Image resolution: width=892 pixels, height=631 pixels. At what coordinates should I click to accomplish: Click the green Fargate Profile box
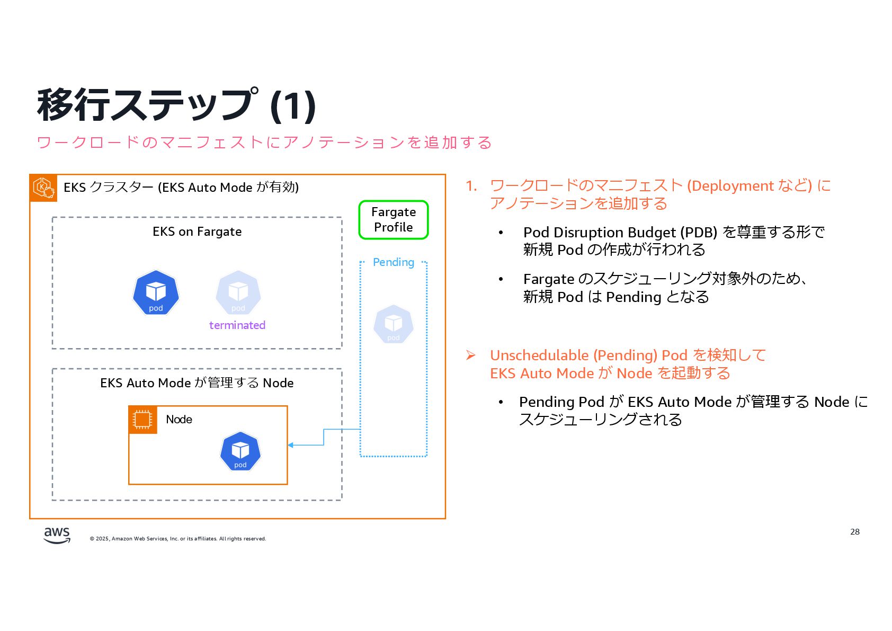point(393,219)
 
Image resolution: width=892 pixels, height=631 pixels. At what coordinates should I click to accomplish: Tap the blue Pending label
point(393,262)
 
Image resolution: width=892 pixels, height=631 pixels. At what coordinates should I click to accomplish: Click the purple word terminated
point(237,325)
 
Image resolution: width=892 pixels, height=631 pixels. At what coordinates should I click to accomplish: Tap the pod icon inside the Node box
point(240,451)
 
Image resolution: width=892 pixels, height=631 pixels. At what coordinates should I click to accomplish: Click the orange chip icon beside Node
point(142,420)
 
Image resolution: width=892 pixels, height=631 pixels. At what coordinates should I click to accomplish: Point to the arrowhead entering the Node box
point(291,445)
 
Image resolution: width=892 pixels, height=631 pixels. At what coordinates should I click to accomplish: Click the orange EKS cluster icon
point(43,188)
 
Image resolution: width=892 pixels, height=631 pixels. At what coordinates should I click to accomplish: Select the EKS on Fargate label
point(197,232)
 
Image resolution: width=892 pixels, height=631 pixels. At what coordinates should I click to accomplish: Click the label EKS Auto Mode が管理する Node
point(197,383)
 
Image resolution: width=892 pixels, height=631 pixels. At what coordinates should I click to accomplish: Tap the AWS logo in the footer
point(57,535)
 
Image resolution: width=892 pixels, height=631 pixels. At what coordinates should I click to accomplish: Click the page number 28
point(854,532)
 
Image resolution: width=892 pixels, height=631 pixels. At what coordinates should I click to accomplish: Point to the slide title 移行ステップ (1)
point(176,105)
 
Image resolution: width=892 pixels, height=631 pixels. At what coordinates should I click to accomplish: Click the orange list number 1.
point(471,186)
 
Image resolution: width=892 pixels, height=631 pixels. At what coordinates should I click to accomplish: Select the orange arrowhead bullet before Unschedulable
point(470,355)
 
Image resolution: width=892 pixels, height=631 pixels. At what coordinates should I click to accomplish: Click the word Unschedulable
point(539,355)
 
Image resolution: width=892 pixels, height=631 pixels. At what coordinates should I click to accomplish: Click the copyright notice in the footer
point(178,539)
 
